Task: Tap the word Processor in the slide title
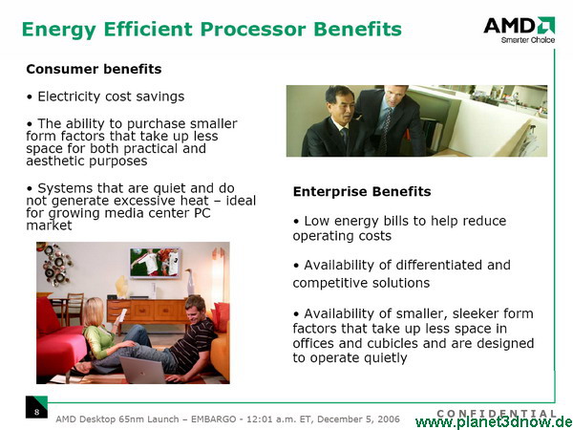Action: point(253,29)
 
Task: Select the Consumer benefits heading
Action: point(94,69)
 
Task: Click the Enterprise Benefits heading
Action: point(362,191)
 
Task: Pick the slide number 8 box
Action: point(36,407)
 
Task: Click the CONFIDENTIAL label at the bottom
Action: point(497,414)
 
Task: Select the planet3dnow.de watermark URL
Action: point(494,422)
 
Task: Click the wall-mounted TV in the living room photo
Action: point(155,263)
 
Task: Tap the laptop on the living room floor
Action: point(143,370)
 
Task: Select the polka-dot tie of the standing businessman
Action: point(385,132)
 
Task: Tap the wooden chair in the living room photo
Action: point(74,309)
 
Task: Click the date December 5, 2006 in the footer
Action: point(358,419)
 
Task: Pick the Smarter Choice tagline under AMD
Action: point(528,40)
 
